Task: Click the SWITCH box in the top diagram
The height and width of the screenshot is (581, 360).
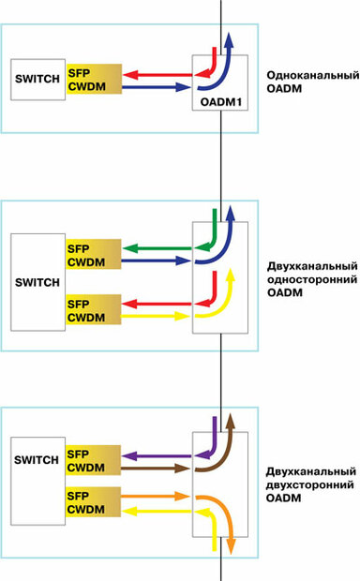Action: pyautogui.click(x=37, y=81)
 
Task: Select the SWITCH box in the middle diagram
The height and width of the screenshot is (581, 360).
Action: pyautogui.click(x=37, y=281)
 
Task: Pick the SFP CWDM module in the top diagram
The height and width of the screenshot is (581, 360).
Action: pyautogui.click(x=94, y=82)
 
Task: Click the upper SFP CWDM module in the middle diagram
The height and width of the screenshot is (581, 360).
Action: pyautogui.click(x=94, y=256)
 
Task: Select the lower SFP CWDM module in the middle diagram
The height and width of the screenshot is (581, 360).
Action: pyautogui.click(x=94, y=310)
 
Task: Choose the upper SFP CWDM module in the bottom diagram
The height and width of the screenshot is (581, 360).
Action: pyautogui.click(x=94, y=460)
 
